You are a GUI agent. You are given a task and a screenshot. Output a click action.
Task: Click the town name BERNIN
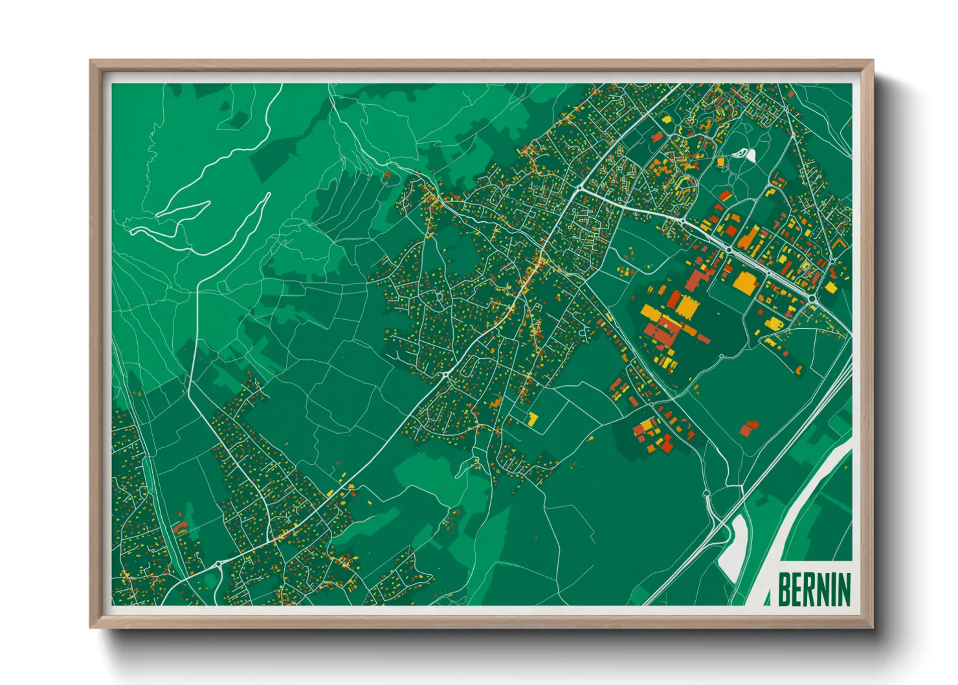814,589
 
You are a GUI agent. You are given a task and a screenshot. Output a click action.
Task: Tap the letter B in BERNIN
784,589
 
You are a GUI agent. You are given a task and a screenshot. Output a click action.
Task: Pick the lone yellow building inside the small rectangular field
533,419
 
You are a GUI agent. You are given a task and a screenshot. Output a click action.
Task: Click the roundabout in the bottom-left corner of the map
219,565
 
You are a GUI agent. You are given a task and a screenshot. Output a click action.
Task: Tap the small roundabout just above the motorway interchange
706,495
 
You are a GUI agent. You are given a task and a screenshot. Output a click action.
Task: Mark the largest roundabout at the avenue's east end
812,298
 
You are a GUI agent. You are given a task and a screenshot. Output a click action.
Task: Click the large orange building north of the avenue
748,238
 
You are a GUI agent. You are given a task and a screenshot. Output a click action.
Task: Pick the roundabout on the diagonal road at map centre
445,375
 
